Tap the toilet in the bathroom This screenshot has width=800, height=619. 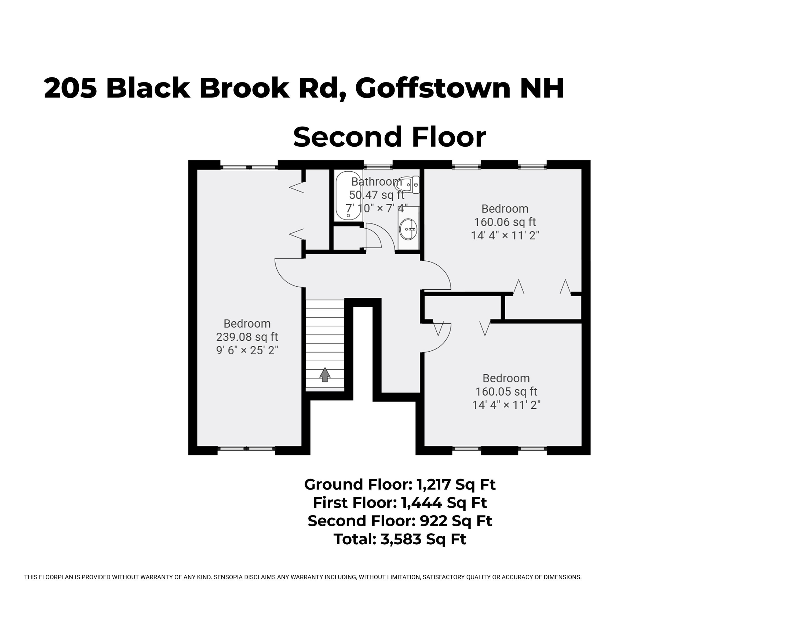pos(409,185)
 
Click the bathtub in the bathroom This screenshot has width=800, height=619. pos(348,196)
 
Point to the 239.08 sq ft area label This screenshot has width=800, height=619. pos(247,337)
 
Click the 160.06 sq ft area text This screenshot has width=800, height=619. pos(505,222)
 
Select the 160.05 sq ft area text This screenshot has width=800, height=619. pos(506,392)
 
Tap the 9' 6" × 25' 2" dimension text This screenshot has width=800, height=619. pos(247,351)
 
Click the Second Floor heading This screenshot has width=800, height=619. pos(389,137)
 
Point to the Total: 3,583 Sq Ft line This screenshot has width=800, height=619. pos(400,539)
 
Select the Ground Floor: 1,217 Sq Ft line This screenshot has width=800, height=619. pos(400,485)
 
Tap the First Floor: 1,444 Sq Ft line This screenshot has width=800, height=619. pos(400,503)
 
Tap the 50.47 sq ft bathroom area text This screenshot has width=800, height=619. pos(377,195)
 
